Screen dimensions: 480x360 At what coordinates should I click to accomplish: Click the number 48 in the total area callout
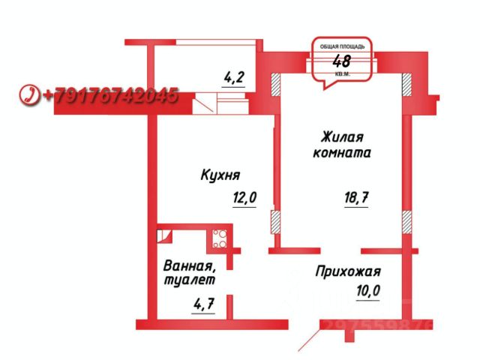(341, 61)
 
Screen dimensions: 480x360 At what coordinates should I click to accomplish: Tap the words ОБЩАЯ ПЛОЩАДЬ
(340, 46)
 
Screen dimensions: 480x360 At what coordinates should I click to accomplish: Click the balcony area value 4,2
(235, 76)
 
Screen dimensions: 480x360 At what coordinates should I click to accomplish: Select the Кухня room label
(220, 175)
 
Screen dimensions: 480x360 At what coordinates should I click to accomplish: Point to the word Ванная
(190, 265)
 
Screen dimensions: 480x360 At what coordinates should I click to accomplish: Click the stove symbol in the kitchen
(220, 239)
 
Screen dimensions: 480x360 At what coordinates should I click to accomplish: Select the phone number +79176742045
(110, 96)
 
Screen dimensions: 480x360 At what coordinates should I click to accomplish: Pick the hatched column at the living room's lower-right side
(406, 220)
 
